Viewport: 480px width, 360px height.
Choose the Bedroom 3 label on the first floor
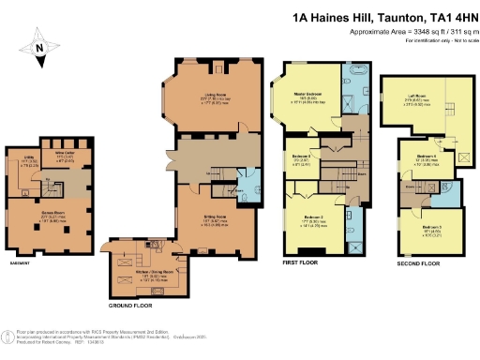coord(300,157)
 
